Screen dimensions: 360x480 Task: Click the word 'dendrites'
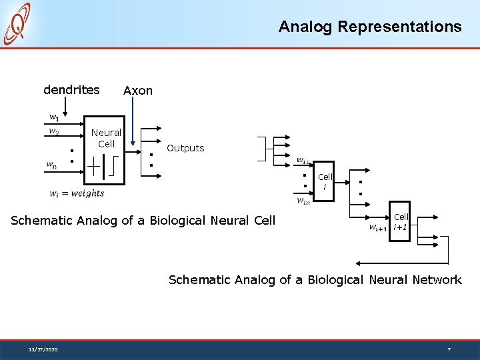click(x=71, y=89)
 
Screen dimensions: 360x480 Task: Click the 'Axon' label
click(x=138, y=90)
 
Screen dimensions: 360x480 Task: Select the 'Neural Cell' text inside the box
click(x=106, y=138)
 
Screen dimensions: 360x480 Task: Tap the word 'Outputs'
click(x=185, y=148)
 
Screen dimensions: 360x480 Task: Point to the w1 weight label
click(x=53, y=117)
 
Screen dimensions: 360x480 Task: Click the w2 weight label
click(x=53, y=131)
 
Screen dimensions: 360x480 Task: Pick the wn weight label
click(x=51, y=165)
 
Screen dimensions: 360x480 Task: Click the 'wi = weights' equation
click(x=77, y=193)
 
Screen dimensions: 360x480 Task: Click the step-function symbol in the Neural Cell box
click(x=115, y=167)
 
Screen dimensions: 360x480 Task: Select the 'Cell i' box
click(x=325, y=181)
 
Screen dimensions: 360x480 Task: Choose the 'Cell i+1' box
click(x=401, y=221)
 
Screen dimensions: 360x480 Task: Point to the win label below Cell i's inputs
click(x=303, y=201)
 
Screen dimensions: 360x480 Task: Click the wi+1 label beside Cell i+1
click(x=378, y=227)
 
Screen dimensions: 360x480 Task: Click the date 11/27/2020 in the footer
click(x=43, y=349)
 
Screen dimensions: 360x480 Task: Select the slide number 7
click(x=449, y=349)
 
